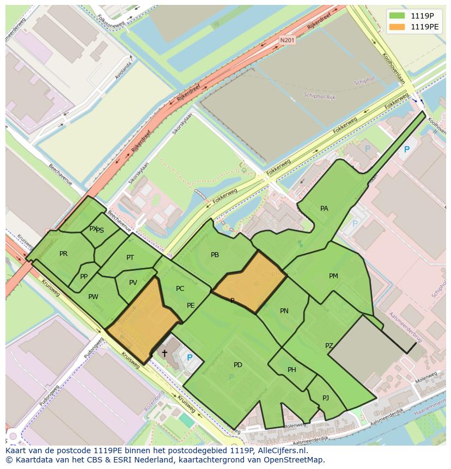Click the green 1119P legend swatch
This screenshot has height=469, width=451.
pos(397,16)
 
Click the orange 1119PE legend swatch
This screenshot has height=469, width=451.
pos(397,26)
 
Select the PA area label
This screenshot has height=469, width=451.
pos(324,209)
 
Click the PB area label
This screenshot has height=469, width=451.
pos(215,255)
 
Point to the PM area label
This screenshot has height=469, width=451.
pos(333,276)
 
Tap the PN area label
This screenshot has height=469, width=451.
pos(284,311)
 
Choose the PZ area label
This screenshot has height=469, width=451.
pos(329,346)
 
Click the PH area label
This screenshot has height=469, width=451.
pos(292,370)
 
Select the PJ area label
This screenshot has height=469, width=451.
pos(326,398)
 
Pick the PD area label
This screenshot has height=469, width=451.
pos(237,364)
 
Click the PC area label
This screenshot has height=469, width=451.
pos(180,289)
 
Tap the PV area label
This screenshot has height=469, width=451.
pos(133,283)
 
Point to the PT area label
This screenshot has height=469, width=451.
pos(130,258)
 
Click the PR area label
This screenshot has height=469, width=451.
pos(63,254)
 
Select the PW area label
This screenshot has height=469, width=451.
pos(93,297)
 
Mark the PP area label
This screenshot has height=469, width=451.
pos(84,277)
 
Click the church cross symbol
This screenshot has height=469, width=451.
pos(164,353)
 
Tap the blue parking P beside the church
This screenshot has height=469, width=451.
pos(190,358)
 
